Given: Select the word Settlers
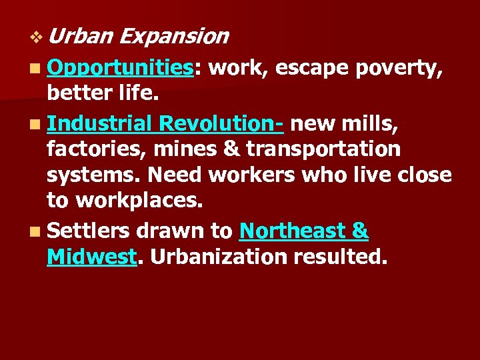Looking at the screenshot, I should click(89, 231).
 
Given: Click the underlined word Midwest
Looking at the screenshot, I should click(91, 258).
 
